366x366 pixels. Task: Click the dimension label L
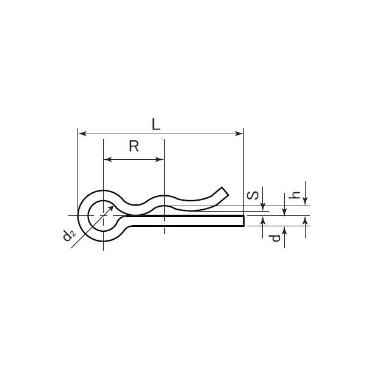point(156,124)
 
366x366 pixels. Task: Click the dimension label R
point(134,146)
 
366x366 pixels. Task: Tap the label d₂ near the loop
point(70,235)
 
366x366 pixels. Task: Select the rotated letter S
point(253,195)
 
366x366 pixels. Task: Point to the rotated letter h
point(294,195)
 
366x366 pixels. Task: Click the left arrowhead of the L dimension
point(82,134)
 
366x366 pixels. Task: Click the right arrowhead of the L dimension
point(239,134)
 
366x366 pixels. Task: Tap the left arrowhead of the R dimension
point(108,159)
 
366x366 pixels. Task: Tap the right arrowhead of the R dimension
point(160,159)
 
